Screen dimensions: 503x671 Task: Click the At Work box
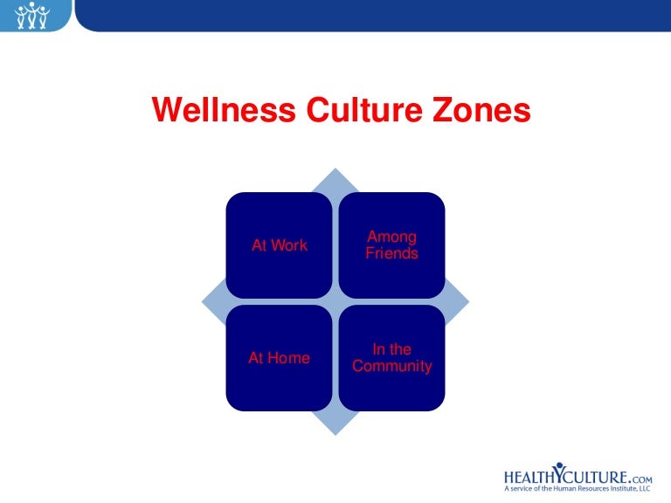279,245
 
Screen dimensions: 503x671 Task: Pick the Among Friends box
391,245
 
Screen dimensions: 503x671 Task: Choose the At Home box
279,358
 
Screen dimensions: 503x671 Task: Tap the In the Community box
391,358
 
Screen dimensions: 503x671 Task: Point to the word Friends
392,254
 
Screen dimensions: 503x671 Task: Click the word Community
392,367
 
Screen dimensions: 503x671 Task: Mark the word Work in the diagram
289,245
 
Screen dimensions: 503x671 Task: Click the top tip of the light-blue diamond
335,170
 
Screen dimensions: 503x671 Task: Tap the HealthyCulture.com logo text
578,477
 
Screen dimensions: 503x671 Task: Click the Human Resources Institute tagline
578,491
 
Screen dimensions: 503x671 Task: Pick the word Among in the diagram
392,237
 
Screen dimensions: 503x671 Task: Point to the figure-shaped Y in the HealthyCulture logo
558,473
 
